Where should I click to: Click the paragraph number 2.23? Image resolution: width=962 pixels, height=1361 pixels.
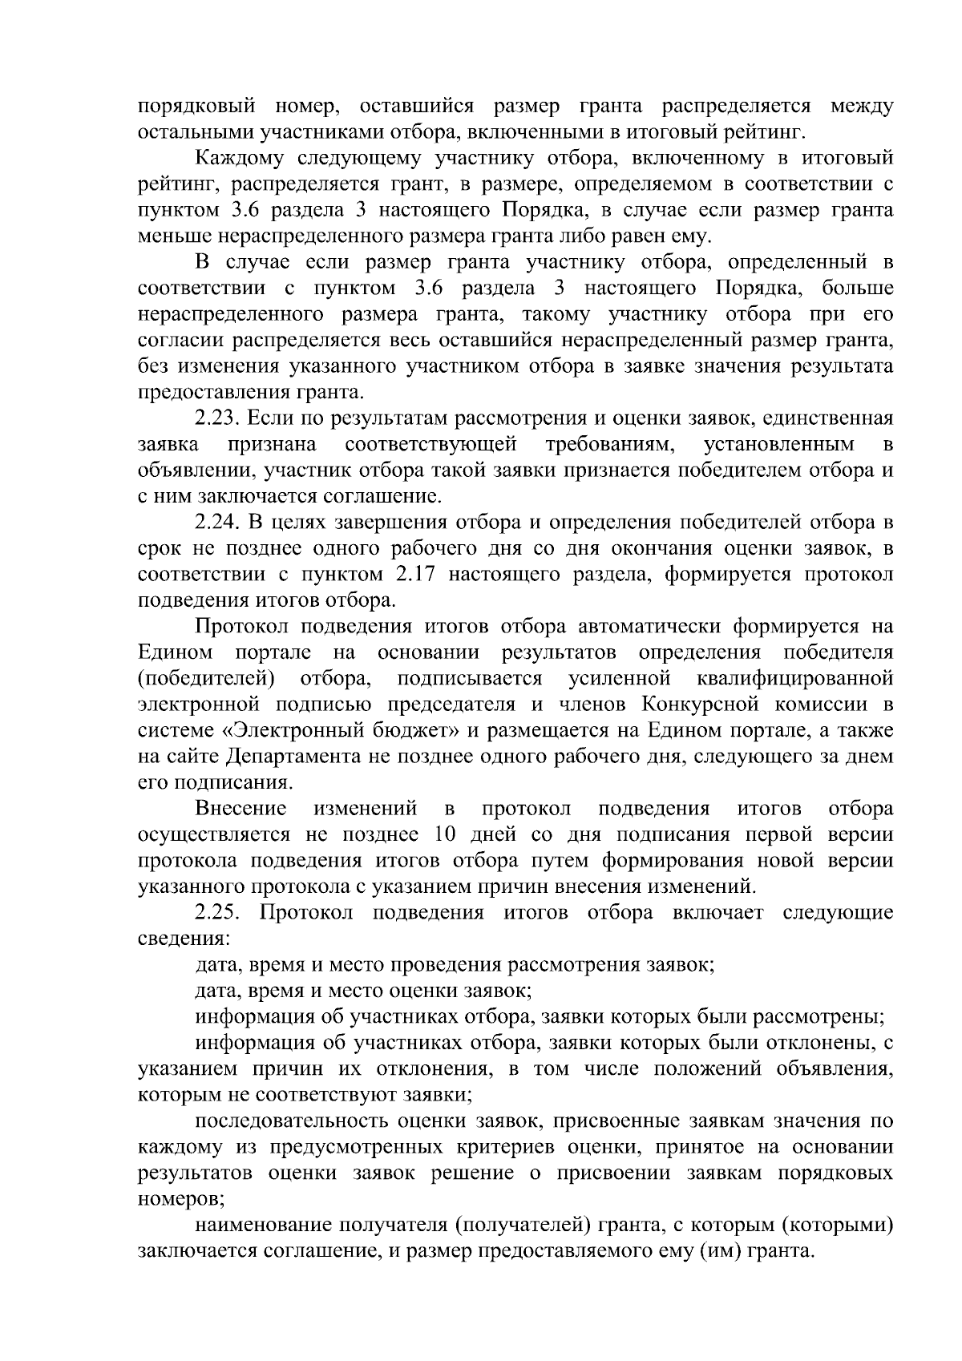[x=217, y=418]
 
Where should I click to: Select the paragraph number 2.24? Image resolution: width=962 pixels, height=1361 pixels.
[x=217, y=523]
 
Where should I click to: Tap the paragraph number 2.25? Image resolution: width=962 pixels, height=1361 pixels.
[x=217, y=913]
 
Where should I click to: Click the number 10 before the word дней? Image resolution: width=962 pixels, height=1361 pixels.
[x=445, y=834]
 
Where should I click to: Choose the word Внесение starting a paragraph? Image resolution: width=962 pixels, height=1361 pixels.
[x=240, y=809]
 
